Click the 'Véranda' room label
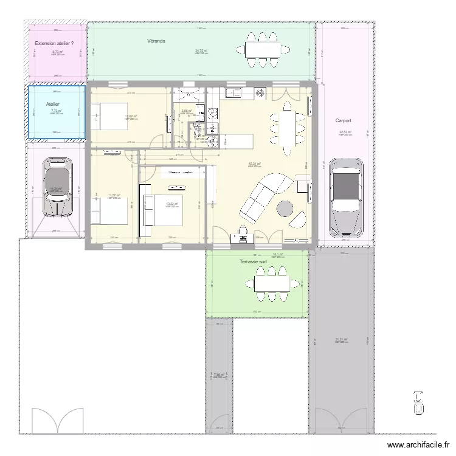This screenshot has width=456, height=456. [156, 41]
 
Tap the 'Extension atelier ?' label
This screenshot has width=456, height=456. [54, 43]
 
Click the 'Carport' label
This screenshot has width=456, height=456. [344, 120]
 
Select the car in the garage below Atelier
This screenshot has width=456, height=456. [55, 188]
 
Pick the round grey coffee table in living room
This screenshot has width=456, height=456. [285, 209]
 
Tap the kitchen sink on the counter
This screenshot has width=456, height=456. [233, 93]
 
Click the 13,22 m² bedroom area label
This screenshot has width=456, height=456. [171, 204]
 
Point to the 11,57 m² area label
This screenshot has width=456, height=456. [114, 195]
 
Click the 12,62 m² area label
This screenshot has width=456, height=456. [131, 116]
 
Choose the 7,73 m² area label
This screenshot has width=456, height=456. [57, 111]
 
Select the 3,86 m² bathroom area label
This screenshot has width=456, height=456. [187, 111]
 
